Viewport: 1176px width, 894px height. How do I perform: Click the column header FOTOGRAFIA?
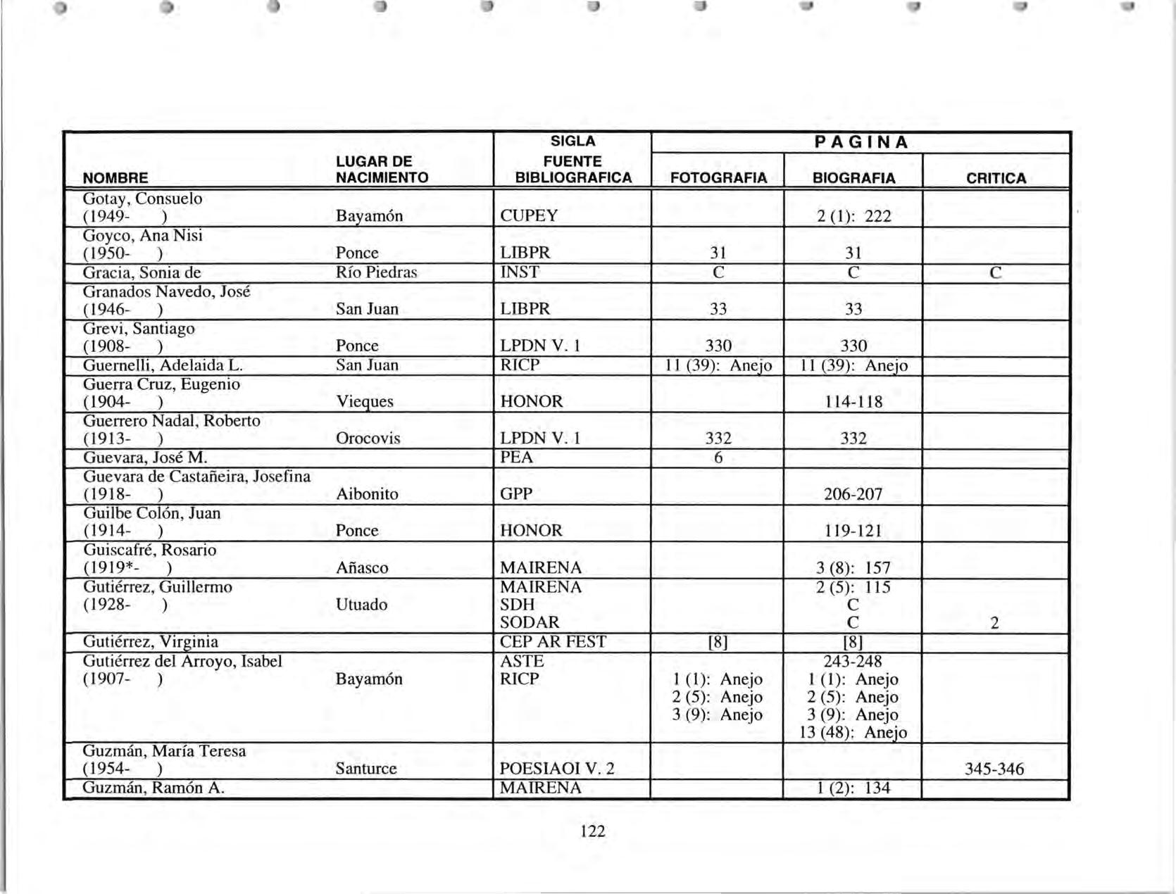718,178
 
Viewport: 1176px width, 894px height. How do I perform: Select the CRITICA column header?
996,178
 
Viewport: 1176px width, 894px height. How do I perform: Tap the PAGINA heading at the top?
861,143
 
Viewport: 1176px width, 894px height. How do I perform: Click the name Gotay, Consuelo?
143,199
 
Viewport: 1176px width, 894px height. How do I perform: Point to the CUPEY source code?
529,216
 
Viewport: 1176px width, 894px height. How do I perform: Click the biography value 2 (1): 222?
853,216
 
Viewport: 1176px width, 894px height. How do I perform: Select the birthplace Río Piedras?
376,272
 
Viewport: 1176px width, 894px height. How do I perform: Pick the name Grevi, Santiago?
139,328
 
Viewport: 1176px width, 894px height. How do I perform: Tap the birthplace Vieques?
364,401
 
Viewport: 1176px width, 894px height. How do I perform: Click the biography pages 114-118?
853,402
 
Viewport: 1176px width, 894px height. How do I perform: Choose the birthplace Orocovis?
368,439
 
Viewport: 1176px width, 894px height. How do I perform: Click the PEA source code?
516,458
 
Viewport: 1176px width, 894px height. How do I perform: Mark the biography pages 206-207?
853,494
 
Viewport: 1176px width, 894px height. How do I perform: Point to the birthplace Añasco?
362,568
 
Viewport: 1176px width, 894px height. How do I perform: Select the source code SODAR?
530,622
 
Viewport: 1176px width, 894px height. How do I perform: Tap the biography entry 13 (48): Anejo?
853,733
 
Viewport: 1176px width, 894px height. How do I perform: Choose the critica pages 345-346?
994,769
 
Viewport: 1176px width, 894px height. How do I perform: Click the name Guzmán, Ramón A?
154,788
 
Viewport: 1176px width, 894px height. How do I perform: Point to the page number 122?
593,831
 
